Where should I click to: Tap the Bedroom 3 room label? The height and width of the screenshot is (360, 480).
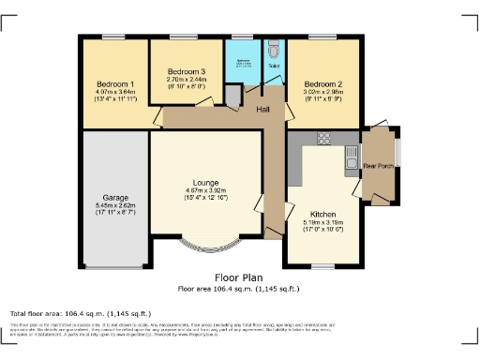186,72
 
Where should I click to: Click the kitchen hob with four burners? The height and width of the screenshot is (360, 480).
324,138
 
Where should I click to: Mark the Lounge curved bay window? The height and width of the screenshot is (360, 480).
205,248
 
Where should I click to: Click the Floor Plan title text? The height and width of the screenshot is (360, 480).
239,278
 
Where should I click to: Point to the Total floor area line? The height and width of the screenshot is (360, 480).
80,313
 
